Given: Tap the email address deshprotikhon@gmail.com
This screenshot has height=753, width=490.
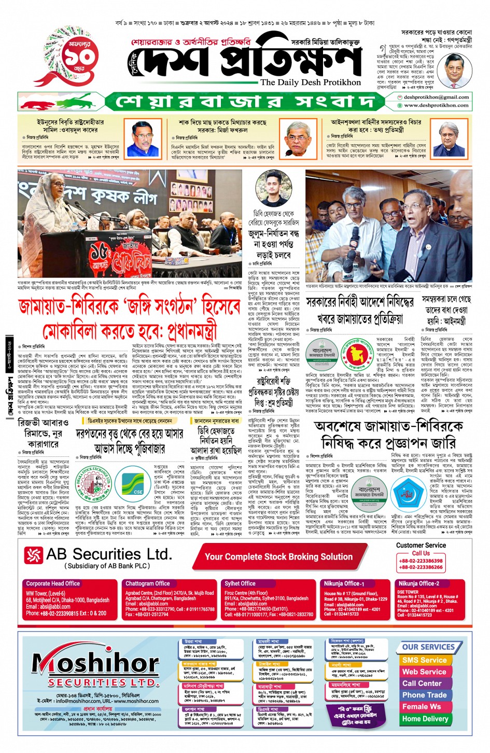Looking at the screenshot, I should click(436, 97).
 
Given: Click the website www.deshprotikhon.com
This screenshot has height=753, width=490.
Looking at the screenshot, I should click(436, 105).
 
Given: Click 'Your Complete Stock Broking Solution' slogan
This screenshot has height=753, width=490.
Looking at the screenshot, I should click(278, 557).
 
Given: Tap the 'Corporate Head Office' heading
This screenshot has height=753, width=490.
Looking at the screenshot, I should click(53, 583).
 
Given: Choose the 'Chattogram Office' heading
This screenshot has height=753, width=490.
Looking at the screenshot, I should click(147, 583).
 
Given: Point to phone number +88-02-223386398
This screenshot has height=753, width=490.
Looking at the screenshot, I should click(421, 561).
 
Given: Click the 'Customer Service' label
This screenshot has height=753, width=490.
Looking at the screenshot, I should click(421, 545).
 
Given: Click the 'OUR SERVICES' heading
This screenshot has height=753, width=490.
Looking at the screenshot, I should click(428, 647).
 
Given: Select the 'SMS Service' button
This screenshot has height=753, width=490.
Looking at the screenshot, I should click(424, 660).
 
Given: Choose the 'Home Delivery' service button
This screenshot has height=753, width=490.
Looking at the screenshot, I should click(425, 719).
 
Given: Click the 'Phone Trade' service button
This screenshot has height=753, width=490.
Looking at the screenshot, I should click(424, 695).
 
